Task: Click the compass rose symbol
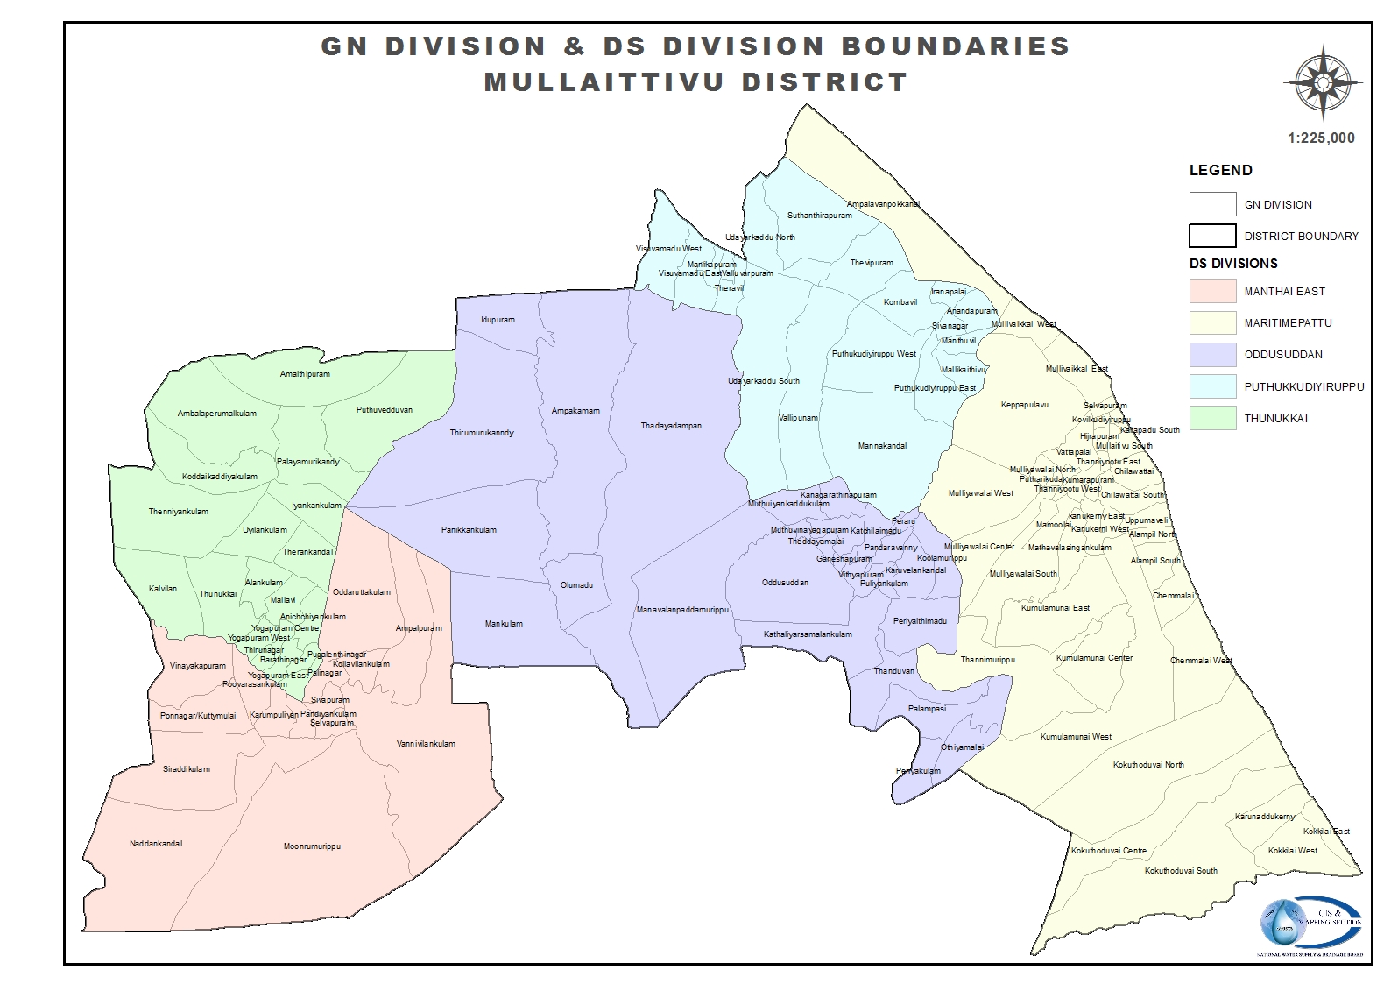coord(1323,83)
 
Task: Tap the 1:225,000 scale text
coord(1321,138)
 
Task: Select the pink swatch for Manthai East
coord(1212,291)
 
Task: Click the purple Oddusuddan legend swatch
coord(1212,355)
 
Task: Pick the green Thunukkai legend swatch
coord(1212,418)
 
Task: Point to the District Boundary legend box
coord(1212,236)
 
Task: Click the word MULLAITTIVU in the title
coord(604,82)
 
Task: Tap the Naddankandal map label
coord(155,844)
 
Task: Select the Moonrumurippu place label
coord(311,847)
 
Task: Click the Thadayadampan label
coord(671,426)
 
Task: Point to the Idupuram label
coord(498,320)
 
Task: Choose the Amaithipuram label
coord(305,374)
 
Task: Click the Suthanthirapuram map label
coord(819,216)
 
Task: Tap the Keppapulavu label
coord(1024,405)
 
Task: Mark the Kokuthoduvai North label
coord(1148,765)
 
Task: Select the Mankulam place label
coord(504,624)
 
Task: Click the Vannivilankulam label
coord(426,744)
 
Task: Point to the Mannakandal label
coord(882,446)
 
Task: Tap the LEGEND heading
coord(1220,170)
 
